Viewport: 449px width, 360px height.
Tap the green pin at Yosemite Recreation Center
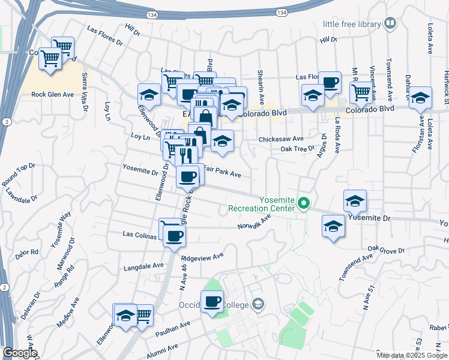click(304, 204)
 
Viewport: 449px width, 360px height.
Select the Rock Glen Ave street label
click(52, 94)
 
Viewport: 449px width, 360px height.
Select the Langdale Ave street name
click(143, 266)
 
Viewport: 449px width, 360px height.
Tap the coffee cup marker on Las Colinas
click(174, 235)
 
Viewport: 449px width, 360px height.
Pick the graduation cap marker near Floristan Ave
click(420, 97)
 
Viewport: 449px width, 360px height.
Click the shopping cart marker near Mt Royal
click(360, 92)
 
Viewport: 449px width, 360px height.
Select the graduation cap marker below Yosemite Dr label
click(333, 227)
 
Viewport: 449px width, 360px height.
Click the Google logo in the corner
click(20, 353)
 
